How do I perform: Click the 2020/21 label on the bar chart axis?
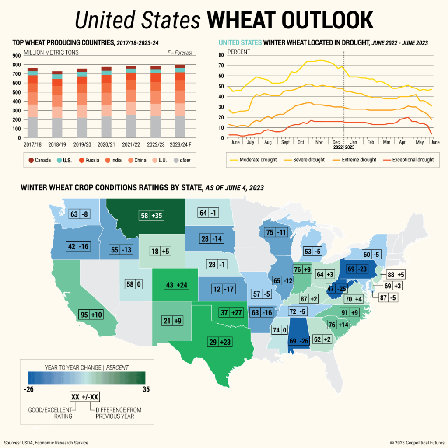(x=107, y=144)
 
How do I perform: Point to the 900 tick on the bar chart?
(x=16, y=56)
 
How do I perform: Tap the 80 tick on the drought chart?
(x=221, y=55)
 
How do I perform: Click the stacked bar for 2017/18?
(x=32, y=103)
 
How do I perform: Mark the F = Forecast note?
(x=179, y=53)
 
